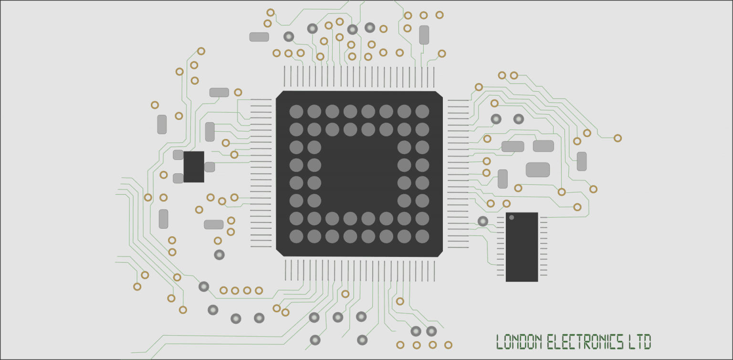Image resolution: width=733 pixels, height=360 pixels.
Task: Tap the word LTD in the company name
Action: coord(639,342)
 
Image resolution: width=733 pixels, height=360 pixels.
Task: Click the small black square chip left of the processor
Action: coord(194,167)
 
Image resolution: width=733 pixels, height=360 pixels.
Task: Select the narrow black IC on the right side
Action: coord(522,247)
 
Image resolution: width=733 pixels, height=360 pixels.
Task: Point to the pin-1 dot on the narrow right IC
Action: coord(512,218)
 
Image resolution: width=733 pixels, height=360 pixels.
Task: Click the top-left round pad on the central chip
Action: coord(296,111)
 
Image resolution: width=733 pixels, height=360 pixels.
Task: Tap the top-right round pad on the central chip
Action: coord(422,111)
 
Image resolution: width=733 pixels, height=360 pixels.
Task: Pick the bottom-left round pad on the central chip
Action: coord(296,236)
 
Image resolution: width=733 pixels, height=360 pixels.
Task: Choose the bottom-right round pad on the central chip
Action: coord(422,236)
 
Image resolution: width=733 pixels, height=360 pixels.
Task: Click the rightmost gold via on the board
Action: coord(618,138)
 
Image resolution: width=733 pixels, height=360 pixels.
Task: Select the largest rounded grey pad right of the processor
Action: coord(538,169)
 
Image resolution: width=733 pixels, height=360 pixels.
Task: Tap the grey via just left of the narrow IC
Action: coord(483,221)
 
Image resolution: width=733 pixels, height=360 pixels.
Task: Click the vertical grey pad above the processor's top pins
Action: coord(424,35)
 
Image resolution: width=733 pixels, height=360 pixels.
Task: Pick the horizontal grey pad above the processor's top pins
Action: coord(259,37)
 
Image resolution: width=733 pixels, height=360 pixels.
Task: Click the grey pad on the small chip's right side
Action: coord(209,167)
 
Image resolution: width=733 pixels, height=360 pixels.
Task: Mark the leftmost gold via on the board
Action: coord(137,286)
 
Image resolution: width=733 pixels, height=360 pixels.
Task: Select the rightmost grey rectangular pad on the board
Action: coord(582,161)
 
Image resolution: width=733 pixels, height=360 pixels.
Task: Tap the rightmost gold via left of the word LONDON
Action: coord(448,345)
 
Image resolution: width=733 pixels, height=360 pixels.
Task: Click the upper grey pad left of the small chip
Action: coord(178,155)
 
